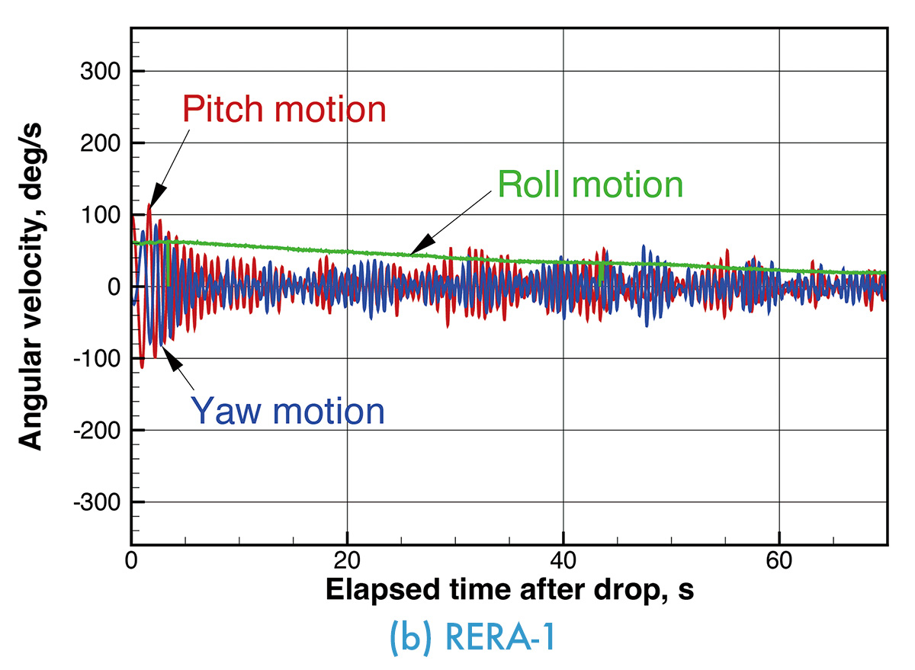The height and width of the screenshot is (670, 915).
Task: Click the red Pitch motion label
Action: (284, 110)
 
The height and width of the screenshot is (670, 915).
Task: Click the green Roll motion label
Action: (589, 184)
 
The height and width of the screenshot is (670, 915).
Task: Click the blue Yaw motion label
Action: (287, 411)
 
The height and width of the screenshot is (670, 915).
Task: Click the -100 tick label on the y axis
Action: (97, 359)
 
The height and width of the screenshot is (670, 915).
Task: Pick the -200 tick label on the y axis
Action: (97, 431)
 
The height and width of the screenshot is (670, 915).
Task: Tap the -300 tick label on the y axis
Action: (97, 502)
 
